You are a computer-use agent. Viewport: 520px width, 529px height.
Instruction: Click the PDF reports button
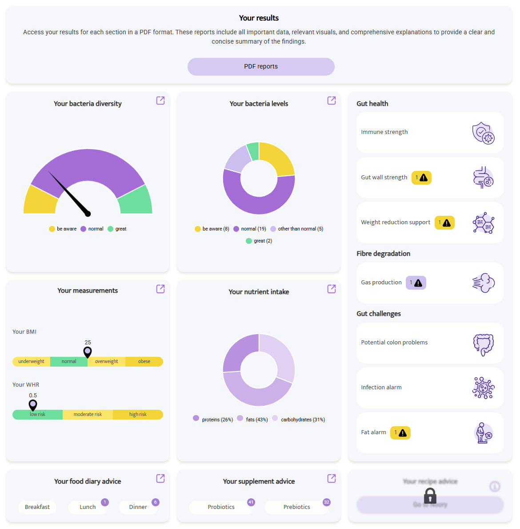[x=261, y=67]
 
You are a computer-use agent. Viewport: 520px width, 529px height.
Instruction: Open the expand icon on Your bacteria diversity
[x=160, y=101]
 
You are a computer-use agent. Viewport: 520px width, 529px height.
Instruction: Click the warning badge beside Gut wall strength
[x=421, y=178]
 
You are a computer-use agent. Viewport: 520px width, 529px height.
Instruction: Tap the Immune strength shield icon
[x=483, y=133]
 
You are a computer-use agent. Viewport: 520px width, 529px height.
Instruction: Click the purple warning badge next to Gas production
[x=416, y=283]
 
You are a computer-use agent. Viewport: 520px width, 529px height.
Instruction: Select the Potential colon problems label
[x=394, y=343]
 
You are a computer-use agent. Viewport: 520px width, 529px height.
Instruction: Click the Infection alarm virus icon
[x=483, y=388]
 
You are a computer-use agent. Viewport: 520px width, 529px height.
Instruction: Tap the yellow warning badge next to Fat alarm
[x=400, y=432]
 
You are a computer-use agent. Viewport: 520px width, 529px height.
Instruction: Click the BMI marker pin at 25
[x=88, y=352]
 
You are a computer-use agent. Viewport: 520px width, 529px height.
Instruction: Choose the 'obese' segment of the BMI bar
[x=144, y=362]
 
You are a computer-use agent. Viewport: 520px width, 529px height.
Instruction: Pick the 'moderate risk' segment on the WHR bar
[x=88, y=415]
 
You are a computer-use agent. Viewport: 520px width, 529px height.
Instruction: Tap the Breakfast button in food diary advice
[x=37, y=507]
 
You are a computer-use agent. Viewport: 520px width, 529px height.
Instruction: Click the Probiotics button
[x=221, y=507]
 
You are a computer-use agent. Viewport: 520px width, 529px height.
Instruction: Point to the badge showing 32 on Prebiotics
[x=327, y=502]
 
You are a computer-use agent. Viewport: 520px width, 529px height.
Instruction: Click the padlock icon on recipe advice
[x=430, y=495]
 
